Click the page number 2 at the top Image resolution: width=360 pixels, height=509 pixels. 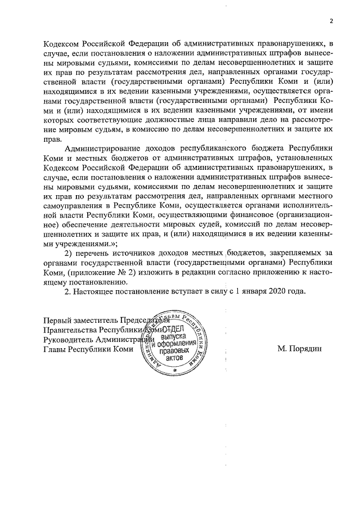pos(331,21)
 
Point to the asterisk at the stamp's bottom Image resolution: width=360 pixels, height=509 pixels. pos(175,371)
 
